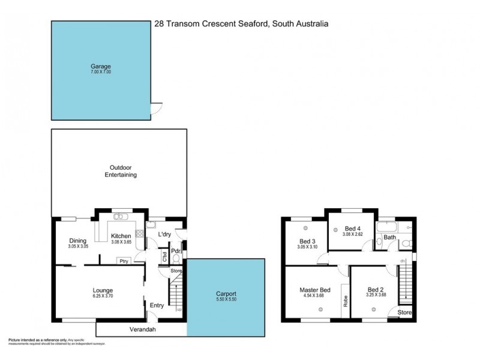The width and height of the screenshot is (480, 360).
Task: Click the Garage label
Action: coord(101,67)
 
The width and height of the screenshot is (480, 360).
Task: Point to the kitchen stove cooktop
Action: coord(139,238)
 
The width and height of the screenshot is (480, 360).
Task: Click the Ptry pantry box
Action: coord(125,260)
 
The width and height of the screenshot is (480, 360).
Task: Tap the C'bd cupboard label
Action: coord(164,257)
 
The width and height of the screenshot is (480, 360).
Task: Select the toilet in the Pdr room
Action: coord(176,259)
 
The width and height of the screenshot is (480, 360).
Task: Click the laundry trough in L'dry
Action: coord(151,226)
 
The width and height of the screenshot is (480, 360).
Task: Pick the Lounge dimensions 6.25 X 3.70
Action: coord(99,296)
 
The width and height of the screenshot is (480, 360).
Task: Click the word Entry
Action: coord(157,305)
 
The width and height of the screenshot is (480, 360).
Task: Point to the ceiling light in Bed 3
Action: coord(305,227)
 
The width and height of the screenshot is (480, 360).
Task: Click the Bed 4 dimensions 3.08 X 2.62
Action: coord(352,235)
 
